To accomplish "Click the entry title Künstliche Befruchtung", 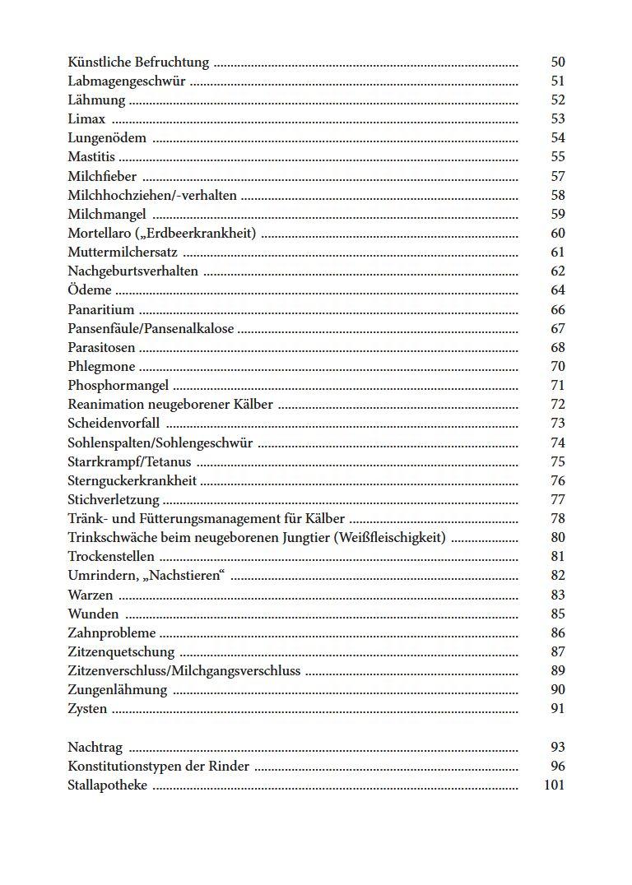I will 138,63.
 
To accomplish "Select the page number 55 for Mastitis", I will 557,157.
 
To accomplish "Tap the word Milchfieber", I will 102,176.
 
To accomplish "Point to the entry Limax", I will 86,119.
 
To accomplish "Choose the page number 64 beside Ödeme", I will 557,290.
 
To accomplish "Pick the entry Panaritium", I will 100,310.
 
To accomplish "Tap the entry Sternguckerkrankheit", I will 132,481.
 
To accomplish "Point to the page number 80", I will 557,538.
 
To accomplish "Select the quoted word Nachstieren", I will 185,576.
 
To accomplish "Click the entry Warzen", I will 91,595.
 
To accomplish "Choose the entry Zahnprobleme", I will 111,633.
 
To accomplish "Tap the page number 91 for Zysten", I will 557,709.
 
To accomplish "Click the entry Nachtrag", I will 95,748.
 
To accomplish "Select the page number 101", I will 554,785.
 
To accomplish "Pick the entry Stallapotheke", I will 107,785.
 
